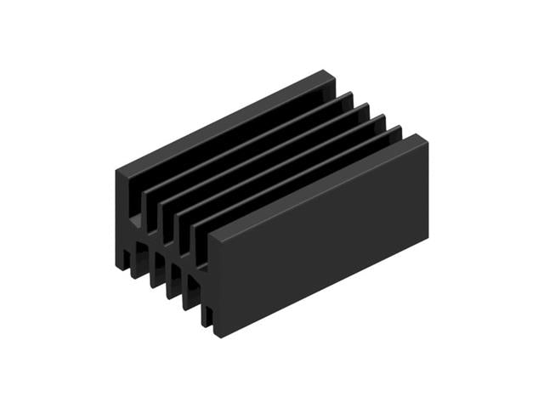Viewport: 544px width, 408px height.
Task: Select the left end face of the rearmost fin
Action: tap(122, 217)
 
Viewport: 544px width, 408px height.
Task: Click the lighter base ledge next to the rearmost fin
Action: tap(134, 223)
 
